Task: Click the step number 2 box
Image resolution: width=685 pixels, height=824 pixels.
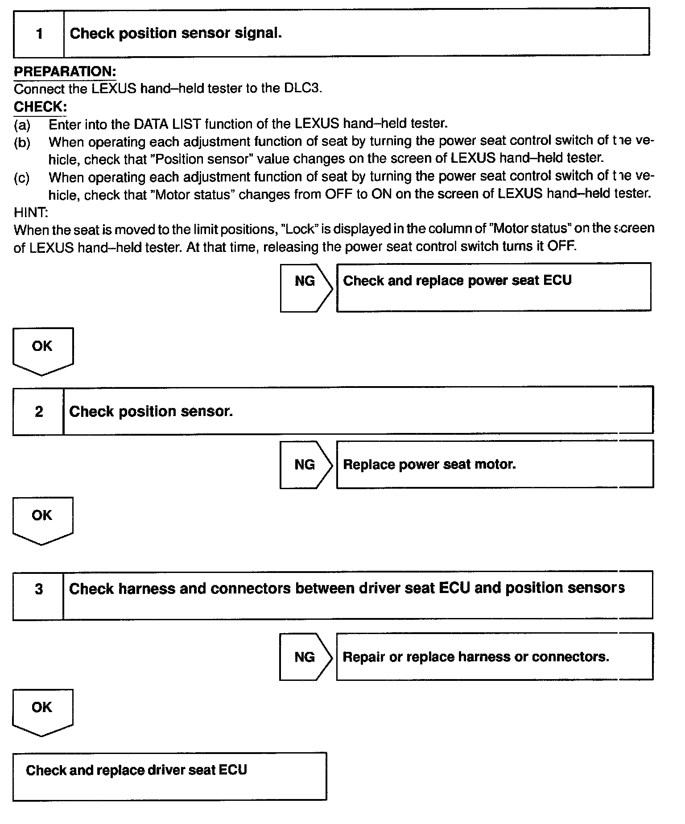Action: click(39, 411)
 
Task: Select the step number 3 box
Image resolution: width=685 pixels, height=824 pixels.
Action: click(39, 595)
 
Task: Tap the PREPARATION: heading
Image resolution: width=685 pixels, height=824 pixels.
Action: click(65, 71)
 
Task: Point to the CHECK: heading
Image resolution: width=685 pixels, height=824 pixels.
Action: click(40, 107)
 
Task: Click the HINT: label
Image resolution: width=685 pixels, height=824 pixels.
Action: click(31, 212)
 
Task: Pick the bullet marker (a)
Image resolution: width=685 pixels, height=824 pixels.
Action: click(22, 125)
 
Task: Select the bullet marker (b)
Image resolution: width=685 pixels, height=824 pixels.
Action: click(22, 143)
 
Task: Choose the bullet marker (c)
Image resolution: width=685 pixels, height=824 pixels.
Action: click(22, 178)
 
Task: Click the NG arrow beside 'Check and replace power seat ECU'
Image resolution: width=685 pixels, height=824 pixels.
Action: click(305, 287)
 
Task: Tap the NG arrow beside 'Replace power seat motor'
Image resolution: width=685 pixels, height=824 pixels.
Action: click(305, 465)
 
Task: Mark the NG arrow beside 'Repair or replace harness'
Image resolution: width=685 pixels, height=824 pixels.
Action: click(305, 657)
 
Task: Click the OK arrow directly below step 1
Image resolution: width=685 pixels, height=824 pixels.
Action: click(43, 350)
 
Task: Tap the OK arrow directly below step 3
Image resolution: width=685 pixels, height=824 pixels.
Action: click(43, 711)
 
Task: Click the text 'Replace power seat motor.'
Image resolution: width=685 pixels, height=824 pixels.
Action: click(429, 465)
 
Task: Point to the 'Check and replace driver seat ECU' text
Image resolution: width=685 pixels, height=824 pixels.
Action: click(136, 770)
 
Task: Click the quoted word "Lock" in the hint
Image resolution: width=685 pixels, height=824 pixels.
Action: click(299, 229)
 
